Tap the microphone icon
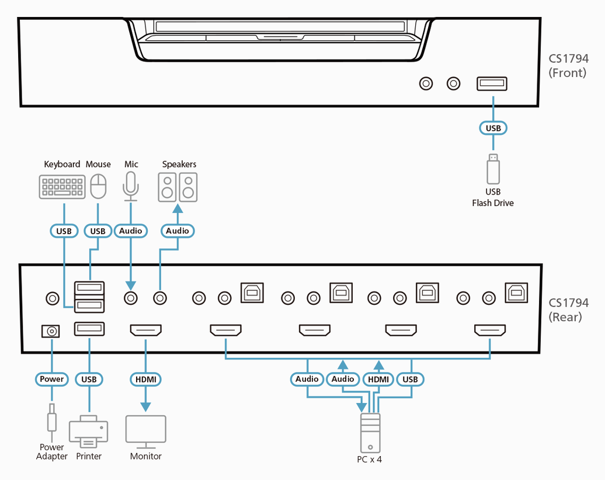[131, 186]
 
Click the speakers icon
[178, 187]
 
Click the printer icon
[89, 432]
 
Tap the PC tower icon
[370, 433]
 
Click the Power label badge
[52, 379]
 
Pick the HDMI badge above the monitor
[145, 379]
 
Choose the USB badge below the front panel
[493, 127]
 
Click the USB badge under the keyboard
[64, 231]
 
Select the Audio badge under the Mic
[131, 231]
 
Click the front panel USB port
[492, 84]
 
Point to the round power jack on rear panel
[51, 332]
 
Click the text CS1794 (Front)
[568, 65]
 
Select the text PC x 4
[370, 459]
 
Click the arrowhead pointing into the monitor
[145, 407]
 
